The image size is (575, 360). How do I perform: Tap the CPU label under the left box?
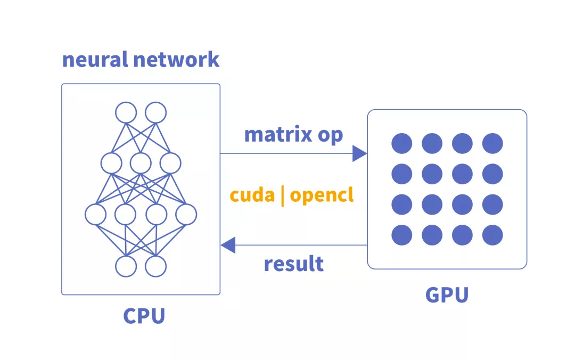pyautogui.click(x=144, y=315)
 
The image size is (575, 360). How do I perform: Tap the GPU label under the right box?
pyautogui.click(x=447, y=294)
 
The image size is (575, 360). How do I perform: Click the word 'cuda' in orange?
pyautogui.click(x=252, y=195)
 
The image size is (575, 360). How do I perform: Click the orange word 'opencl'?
pyautogui.click(x=322, y=196)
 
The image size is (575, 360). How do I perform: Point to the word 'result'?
pyautogui.click(x=294, y=264)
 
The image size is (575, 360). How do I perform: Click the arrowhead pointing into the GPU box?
pyautogui.click(x=360, y=154)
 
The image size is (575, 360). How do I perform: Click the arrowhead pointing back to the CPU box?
pyautogui.click(x=228, y=246)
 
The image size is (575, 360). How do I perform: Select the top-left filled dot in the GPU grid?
pyautogui.click(x=401, y=143)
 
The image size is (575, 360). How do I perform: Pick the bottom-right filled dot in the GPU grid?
pyautogui.click(x=492, y=235)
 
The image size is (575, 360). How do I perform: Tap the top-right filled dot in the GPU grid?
pyautogui.click(x=492, y=143)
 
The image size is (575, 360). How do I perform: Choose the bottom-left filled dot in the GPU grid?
pyautogui.click(x=401, y=235)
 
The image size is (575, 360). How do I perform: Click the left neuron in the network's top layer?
pyautogui.click(x=126, y=112)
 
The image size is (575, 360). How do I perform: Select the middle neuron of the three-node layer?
pyautogui.click(x=141, y=163)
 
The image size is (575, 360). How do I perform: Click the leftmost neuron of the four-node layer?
pyautogui.click(x=96, y=214)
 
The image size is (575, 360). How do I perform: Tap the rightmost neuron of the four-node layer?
pyautogui.click(x=186, y=214)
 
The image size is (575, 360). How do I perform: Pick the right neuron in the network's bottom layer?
pyautogui.click(x=156, y=266)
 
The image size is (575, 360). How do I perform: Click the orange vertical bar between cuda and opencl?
pyautogui.click(x=282, y=195)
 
